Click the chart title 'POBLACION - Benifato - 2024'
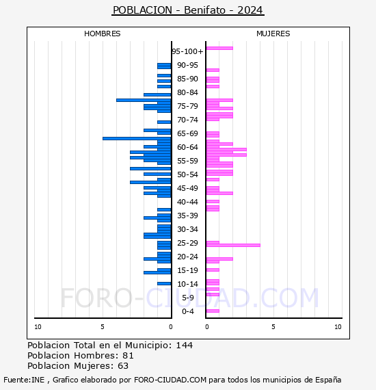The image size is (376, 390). pos(188,10)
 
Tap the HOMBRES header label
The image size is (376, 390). pos(102,34)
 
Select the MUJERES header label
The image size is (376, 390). pos(273,34)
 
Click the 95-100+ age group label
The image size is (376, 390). pos(187,51)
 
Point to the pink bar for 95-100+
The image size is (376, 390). pos(219,48)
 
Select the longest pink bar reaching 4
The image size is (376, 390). pos(233,245)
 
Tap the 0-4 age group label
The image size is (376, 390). pos(187,311)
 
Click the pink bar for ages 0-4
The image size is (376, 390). pos(213,311)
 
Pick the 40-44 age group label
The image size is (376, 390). pos(187,202)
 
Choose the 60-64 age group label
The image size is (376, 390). pos(187,147)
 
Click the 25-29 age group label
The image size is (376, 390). pos(187,243)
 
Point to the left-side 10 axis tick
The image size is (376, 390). pos(38,327)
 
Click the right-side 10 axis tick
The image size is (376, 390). pos(338,327)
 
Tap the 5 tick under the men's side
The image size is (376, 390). pos(103,327)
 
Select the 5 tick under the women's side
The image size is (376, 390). pos(273,327)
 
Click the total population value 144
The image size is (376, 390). pos(185,346)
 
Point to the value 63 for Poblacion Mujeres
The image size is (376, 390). pos(123,366)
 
